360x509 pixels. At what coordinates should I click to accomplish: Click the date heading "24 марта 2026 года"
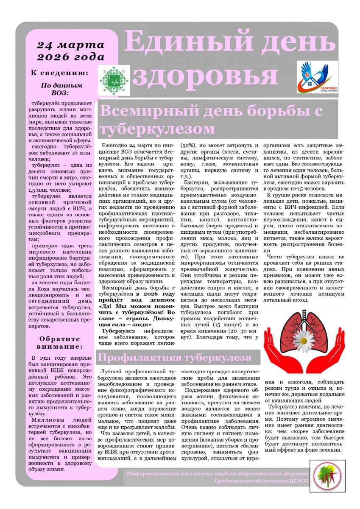(70, 51)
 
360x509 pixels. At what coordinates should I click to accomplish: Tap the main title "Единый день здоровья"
(227, 59)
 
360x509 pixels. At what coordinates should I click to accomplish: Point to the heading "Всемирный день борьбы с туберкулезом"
(211, 119)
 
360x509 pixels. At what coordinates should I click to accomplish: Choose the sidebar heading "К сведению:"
(60, 73)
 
